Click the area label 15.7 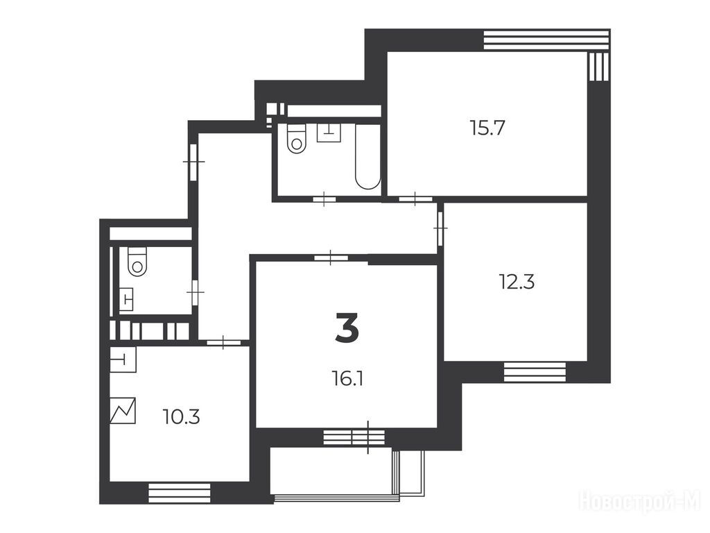(487, 128)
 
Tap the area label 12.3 (517, 282)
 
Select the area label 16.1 (348, 378)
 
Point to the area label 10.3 (181, 417)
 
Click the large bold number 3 (347, 328)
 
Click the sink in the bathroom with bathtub (329, 133)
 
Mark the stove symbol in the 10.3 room (123, 411)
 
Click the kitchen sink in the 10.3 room (123, 360)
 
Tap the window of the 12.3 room (535, 372)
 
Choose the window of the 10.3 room (180, 493)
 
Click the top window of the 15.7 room (546, 40)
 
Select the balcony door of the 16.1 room (354, 437)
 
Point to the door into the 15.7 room (416, 198)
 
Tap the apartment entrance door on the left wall (193, 161)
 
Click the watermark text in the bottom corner (641, 502)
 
